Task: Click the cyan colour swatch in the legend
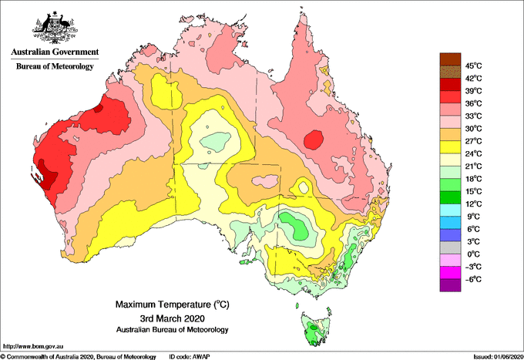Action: (449, 210)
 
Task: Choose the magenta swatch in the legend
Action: (449, 272)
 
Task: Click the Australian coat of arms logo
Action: (54, 27)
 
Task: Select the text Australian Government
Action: (54, 52)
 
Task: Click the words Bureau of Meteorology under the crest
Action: (54, 66)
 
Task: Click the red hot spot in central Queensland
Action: (314, 140)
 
